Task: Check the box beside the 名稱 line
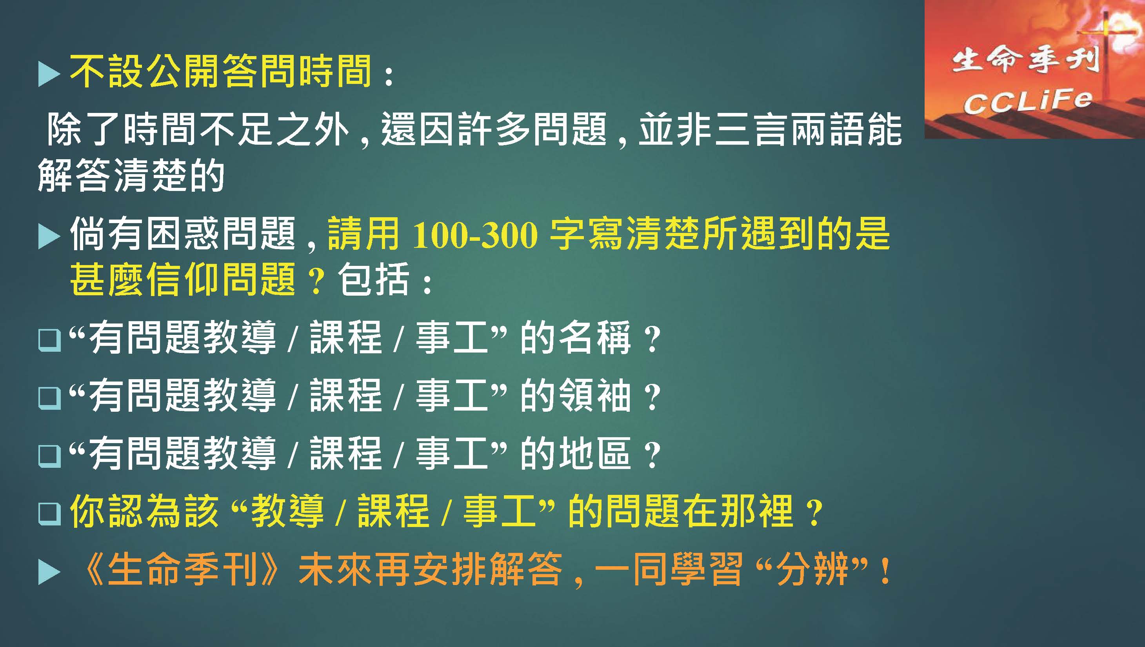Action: click(49, 340)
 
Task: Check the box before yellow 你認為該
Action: click(49, 514)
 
